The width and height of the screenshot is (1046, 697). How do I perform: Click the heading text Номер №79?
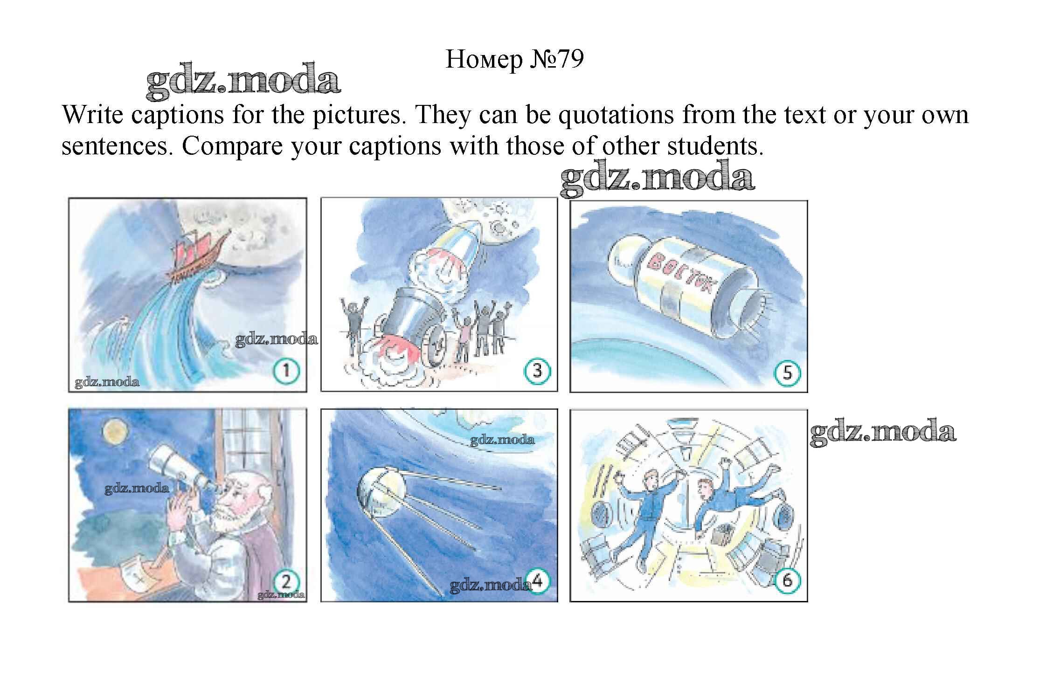514,60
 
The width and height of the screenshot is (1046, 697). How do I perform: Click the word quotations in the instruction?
616,115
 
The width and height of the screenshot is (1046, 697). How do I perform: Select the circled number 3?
537,371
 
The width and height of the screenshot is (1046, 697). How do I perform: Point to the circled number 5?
787,373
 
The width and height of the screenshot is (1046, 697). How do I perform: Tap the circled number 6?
787,580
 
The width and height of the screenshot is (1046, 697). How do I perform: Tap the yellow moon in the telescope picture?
115,432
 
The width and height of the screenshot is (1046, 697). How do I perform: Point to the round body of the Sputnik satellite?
380,494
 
